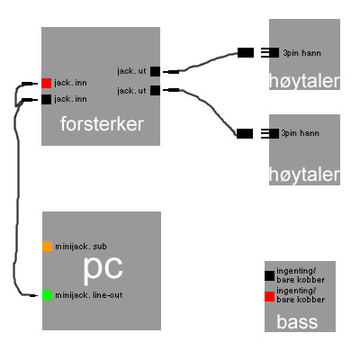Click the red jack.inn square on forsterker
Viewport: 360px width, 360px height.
point(47,83)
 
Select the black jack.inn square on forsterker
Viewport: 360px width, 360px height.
point(47,99)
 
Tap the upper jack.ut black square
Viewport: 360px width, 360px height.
point(155,72)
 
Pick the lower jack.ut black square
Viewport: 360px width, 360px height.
point(155,90)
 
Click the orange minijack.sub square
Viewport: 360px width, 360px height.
point(48,247)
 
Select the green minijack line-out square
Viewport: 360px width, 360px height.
point(48,294)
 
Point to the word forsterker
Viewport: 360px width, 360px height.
point(102,124)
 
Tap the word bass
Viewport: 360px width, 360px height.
point(297,321)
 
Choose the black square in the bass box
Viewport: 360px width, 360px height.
point(269,275)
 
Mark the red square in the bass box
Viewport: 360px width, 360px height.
point(269,297)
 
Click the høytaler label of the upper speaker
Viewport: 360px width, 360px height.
point(304,81)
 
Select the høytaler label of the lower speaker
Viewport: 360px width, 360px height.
point(304,175)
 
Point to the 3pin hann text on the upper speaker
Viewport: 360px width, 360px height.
point(301,53)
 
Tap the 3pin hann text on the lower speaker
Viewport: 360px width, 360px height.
point(300,133)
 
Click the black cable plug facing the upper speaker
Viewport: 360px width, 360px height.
point(246,53)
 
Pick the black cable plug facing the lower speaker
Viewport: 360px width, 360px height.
point(245,133)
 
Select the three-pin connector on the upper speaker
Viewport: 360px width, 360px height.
point(270,53)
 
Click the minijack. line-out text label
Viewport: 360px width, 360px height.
point(89,295)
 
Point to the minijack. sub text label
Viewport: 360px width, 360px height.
point(81,247)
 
